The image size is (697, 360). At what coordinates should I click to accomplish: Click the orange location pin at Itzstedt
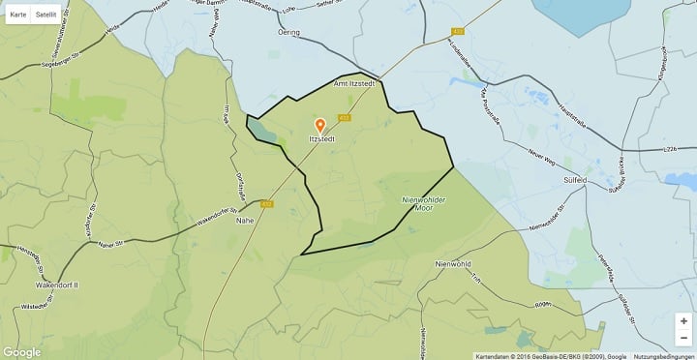pyautogui.click(x=320, y=125)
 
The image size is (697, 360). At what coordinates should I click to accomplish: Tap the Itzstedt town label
pyautogui.click(x=322, y=139)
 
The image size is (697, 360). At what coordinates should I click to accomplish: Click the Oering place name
pyautogui.click(x=288, y=32)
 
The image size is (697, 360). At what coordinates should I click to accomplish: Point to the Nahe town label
pyautogui.click(x=246, y=220)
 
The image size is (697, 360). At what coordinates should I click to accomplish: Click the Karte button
pyautogui.click(x=17, y=15)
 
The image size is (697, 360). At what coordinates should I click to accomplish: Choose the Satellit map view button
pyautogui.click(x=45, y=15)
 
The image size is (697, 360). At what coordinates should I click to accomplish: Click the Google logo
pyautogui.click(x=22, y=352)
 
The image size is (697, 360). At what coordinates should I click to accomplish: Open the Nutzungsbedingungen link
pyautogui.click(x=663, y=355)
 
